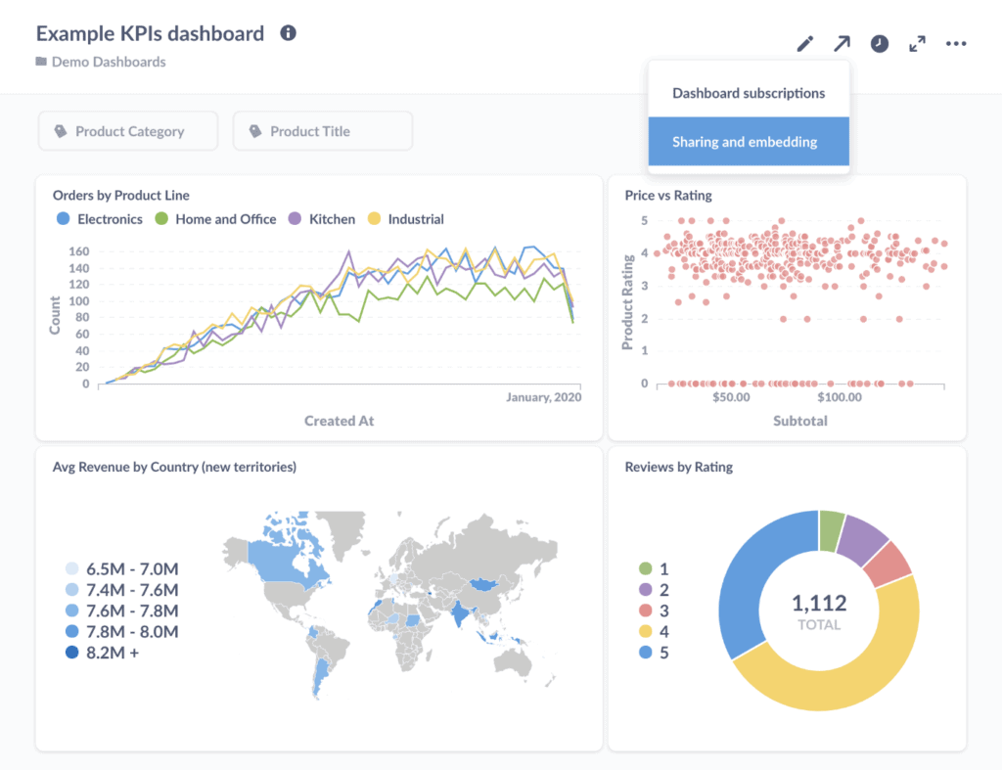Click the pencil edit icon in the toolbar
click(804, 44)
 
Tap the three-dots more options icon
click(956, 44)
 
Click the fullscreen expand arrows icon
click(917, 44)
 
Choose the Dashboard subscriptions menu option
click(748, 94)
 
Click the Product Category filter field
click(128, 131)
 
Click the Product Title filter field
click(322, 131)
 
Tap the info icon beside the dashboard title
click(288, 33)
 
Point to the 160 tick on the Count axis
click(79, 251)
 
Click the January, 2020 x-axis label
click(543, 397)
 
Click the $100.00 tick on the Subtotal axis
click(839, 397)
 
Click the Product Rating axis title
click(628, 300)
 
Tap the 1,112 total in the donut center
click(819, 604)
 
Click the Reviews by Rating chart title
click(678, 467)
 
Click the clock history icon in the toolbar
click(880, 44)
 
